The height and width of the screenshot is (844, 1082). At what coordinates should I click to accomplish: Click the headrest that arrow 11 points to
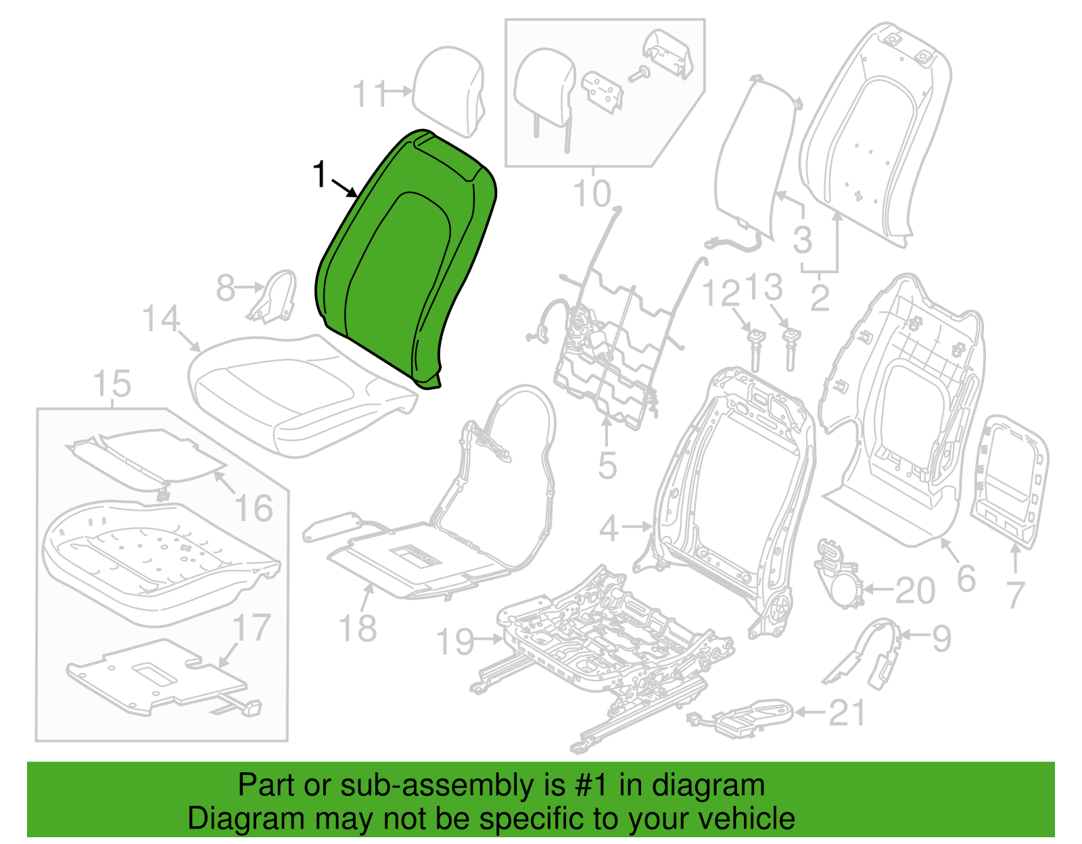(x=448, y=91)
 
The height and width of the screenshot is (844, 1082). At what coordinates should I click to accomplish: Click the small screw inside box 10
(x=639, y=74)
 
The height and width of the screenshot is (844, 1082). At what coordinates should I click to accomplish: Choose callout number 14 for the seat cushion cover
(x=161, y=318)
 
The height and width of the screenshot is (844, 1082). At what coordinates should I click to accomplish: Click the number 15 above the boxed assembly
(x=112, y=383)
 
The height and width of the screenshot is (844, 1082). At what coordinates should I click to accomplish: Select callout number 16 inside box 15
(x=254, y=507)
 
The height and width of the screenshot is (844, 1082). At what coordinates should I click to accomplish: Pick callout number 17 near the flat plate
(x=252, y=628)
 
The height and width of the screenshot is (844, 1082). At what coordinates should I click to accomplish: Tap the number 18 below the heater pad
(x=358, y=628)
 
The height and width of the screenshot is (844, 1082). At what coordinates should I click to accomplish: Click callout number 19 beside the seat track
(x=455, y=641)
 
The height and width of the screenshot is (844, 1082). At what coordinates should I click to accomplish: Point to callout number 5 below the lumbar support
(x=607, y=466)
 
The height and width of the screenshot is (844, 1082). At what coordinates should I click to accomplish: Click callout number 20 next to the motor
(x=915, y=591)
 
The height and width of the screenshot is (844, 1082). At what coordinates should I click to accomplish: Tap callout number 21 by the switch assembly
(x=847, y=713)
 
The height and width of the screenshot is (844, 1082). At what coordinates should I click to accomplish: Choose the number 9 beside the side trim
(x=941, y=638)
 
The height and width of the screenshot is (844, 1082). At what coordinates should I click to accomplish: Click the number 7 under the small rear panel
(x=1016, y=595)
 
